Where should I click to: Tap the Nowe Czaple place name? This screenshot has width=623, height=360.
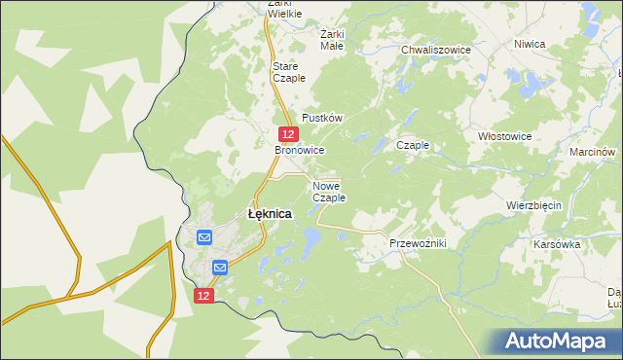point(329,191)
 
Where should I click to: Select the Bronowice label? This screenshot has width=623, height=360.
point(299,151)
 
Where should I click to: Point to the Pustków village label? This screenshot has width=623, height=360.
point(322,117)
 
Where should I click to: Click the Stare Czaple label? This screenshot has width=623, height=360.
point(289,71)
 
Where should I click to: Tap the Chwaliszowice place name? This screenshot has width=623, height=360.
point(436,49)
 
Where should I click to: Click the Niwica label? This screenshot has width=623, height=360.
point(530,44)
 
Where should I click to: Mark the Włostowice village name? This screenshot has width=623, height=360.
point(505,137)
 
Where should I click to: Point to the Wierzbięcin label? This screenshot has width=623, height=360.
point(536,206)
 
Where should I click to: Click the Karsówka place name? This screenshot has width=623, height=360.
point(557,244)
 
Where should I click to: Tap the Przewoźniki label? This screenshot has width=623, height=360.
point(417,243)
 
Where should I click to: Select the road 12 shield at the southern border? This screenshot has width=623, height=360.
point(202,295)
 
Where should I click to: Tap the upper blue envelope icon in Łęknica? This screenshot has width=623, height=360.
point(204,236)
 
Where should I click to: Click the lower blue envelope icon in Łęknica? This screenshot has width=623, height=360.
point(220,267)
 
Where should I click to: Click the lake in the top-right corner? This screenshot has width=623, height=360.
point(590,14)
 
